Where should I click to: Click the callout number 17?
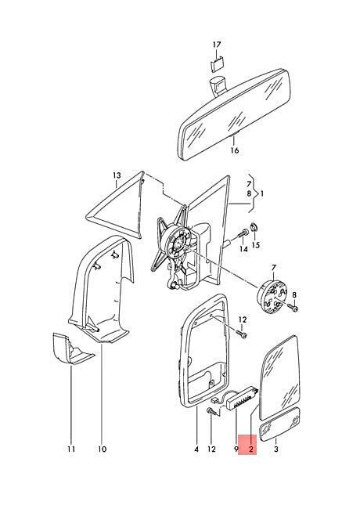pos(217,45)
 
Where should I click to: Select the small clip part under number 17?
pos(217,63)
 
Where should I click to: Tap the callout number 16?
pos(235,150)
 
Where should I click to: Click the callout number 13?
pos(117,175)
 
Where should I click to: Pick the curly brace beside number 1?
pos(254,194)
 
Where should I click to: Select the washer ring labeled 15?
pos(254,229)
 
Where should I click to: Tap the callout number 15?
pos(256,244)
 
